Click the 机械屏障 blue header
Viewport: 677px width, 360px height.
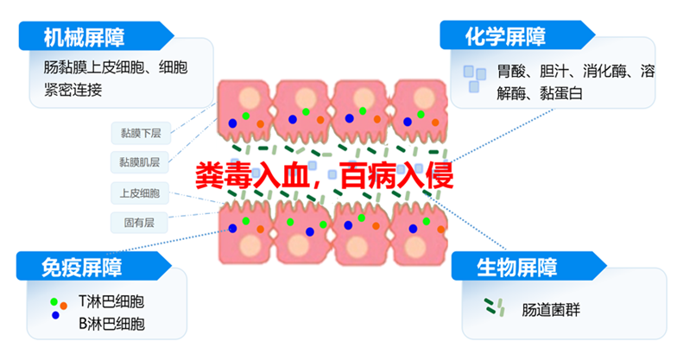pyautogui.click(x=96, y=36)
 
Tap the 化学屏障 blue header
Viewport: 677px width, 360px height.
pyautogui.click(x=516, y=35)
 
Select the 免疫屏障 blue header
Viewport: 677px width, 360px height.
pyautogui.click(x=94, y=266)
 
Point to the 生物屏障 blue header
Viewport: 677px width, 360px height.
pyautogui.click(x=528, y=266)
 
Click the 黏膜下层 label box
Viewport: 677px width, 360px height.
pyautogui.click(x=141, y=133)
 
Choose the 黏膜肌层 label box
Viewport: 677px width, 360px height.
pyautogui.click(x=140, y=162)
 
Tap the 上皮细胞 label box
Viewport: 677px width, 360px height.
pyautogui.click(x=140, y=193)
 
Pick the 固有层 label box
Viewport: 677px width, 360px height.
pyautogui.click(x=139, y=223)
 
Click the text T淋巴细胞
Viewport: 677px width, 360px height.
pyautogui.click(x=111, y=301)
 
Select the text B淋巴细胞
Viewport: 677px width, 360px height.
pyautogui.click(x=111, y=324)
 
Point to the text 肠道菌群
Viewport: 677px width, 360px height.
pyautogui.click(x=551, y=309)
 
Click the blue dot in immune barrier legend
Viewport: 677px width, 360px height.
pyautogui.click(x=55, y=316)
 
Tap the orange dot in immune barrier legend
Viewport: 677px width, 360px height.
pyautogui.click(x=64, y=306)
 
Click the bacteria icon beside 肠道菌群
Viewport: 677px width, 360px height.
pyautogui.click(x=494, y=307)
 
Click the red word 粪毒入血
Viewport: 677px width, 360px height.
pyautogui.click(x=252, y=175)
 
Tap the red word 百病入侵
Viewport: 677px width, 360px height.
pyautogui.click(x=396, y=175)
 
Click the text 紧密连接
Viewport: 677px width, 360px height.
pyautogui.click(x=73, y=90)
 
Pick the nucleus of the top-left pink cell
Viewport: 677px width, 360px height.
pyautogui.click(x=250, y=98)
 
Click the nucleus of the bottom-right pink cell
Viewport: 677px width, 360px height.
pyautogui.click(x=415, y=247)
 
